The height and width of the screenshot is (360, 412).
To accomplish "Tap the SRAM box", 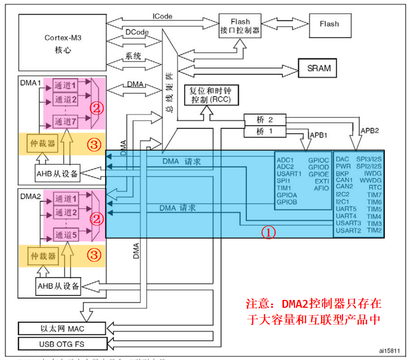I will click(318, 68).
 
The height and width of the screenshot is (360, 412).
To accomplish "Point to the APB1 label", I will click(319, 135).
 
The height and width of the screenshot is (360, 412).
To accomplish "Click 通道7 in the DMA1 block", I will click(66, 122).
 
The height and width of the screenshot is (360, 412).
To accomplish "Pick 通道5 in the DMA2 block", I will click(66, 236).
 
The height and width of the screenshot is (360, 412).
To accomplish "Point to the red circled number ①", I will click(268, 233).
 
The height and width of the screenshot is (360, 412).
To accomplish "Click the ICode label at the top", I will click(162, 17).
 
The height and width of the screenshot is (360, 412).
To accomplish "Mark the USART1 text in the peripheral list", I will click(289, 173).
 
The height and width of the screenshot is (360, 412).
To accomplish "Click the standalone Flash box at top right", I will click(329, 24).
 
